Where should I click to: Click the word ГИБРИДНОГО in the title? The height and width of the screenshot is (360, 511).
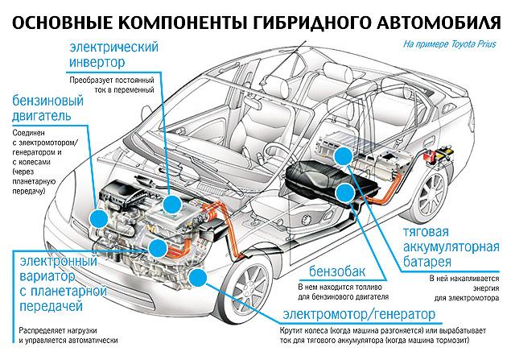point(286,14)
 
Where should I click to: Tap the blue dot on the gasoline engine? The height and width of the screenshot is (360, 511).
point(101,217)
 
